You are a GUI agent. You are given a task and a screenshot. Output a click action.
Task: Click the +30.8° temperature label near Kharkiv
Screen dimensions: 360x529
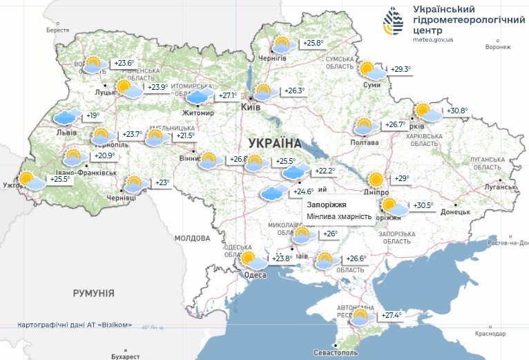click(x=457, y=111)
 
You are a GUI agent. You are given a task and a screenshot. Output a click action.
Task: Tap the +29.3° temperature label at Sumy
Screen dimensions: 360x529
click(x=401, y=69)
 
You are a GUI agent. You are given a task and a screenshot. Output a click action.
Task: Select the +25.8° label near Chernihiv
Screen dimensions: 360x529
click(x=313, y=44)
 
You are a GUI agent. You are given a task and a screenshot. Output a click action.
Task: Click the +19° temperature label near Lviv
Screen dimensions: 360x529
click(x=93, y=116)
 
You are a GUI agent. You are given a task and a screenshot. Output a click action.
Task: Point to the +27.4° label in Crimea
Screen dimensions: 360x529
click(x=392, y=316)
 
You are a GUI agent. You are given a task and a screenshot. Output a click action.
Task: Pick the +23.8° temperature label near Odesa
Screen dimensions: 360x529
click(x=281, y=259)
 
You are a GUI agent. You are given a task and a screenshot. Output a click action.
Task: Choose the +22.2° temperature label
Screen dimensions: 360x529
click(x=325, y=171)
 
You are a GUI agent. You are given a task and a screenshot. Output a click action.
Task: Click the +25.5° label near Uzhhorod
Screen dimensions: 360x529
click(x=59, y=179)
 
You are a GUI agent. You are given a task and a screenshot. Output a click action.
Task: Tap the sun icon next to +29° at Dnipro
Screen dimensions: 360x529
click(x=376, y=180)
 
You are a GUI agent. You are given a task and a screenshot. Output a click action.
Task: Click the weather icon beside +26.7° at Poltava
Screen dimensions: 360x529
click(x=365, y=126)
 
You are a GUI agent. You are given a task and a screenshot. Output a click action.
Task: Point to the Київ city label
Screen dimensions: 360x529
click(x=250, y=108)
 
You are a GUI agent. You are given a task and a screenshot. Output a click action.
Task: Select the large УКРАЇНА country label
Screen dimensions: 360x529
click(x=274, y=143)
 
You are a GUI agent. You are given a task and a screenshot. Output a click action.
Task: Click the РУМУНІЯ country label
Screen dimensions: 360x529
click(x=93, y=294)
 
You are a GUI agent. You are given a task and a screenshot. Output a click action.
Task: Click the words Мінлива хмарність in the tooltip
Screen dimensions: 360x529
click(x=340, y=217)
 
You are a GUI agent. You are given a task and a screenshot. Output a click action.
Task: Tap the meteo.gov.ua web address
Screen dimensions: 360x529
click(x=432, y=40)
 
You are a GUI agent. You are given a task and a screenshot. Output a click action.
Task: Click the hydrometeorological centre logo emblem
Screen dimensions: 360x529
click(x=395, y=23)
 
